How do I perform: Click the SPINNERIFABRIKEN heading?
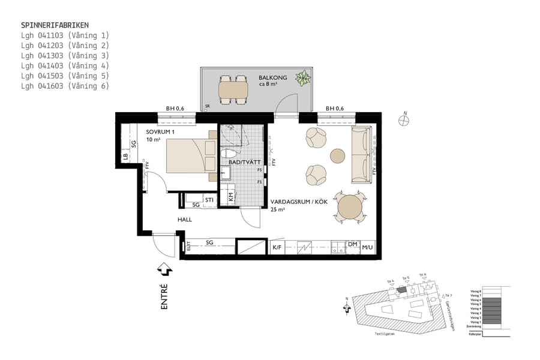(x=55, y=25)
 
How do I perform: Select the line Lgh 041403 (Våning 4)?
(x=65, y=65)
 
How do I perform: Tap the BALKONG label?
(x=273, y=78)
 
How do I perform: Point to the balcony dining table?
(x=233, y=89)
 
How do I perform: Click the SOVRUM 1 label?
(x=160, y=131)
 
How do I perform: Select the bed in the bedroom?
(x=190, y=155)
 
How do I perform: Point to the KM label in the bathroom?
(x=231, y=196)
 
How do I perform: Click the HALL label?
(x=184, y=220)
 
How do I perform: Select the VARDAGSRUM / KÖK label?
(x=298, y=202)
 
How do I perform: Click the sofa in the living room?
(x=361, y=155)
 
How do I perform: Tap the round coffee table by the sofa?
(x=338, y=156)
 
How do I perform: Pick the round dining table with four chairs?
(x=349, y=208)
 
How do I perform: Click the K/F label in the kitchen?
(x=277, y=247)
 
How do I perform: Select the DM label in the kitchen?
(x=353, y=245)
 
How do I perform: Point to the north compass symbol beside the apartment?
(x=404, y=121)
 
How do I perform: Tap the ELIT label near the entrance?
(x=188, y=245)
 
